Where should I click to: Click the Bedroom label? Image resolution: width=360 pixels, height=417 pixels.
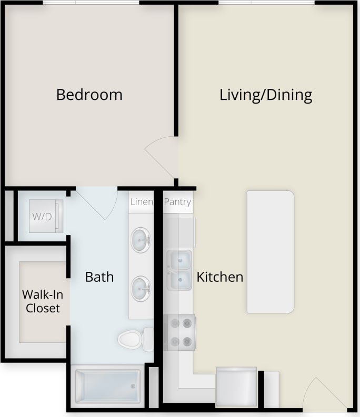coord(89,95)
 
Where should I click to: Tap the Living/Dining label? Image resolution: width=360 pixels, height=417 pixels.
coord(266,95)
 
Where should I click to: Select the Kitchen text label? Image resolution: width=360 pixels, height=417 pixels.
coord(220,277)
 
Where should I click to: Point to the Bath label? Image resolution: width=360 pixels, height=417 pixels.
coord(99,277)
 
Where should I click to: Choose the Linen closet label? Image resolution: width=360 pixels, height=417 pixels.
coord(141,202)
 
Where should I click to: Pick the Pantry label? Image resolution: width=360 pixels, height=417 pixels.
coord(177,202)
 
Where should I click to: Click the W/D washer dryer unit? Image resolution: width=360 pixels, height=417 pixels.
coord(41,216)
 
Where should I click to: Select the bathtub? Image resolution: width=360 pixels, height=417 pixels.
coord(108,386)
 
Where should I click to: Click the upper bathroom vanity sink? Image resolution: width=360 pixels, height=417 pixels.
coord(141,240)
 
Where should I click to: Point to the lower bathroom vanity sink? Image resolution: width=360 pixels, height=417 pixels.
coord(141,288)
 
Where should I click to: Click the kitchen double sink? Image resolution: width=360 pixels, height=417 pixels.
coord(179,270)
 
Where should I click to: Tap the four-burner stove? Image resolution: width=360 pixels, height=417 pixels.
coord(180,333)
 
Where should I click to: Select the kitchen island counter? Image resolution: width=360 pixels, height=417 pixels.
coord(271,251)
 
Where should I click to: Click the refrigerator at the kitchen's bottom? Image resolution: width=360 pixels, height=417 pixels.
coord(236,386)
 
